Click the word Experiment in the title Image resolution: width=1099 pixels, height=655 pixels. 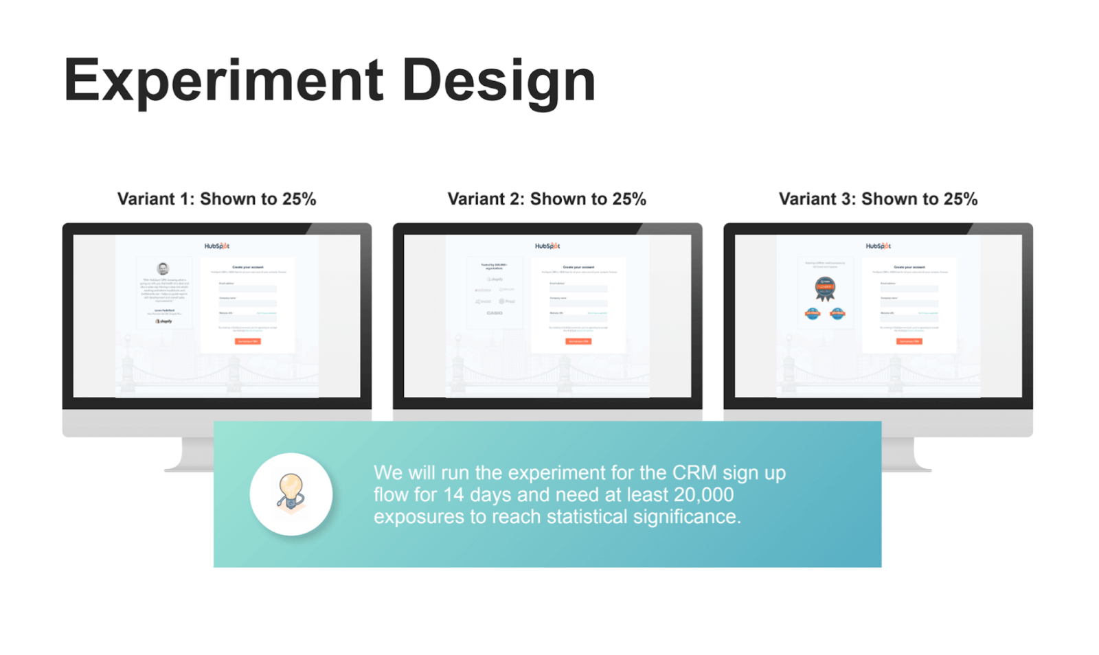(x=223, y=81)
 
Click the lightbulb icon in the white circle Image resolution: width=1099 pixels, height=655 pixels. (x=291, y=494)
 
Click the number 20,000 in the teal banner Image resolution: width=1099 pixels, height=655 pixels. (x=703, y=494)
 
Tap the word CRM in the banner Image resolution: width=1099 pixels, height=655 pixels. (x=694, y=472)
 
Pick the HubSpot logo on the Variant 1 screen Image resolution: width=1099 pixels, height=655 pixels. (x=217, y=246)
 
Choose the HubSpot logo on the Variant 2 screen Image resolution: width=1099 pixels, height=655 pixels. (x=547, y=246)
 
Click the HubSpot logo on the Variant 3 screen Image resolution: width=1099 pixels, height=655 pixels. (x=879, y=246)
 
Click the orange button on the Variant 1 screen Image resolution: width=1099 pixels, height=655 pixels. (x=247, y=341)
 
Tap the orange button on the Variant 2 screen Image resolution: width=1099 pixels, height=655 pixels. (x=578, y=341)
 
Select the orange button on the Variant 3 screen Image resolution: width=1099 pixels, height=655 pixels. (x=909, y=341)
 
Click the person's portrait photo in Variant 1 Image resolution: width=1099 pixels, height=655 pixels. (x=163, y=268)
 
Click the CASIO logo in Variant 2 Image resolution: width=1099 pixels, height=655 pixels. (x=495, y=313)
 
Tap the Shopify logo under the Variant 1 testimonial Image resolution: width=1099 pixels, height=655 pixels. (x=163, y=321)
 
